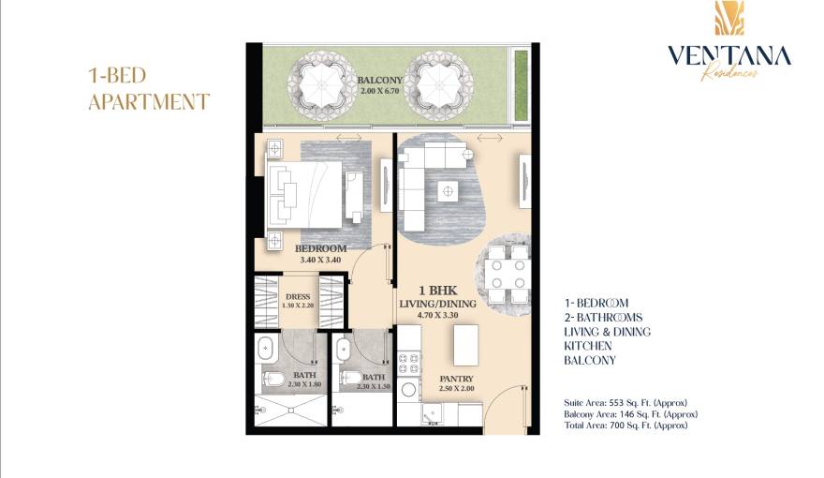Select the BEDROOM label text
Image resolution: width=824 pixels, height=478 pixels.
(321, 248)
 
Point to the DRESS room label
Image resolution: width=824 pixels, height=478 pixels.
(298, 297)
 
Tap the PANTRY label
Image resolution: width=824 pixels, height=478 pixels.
(456, 380)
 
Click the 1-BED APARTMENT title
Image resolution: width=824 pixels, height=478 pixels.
(148, 89)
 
